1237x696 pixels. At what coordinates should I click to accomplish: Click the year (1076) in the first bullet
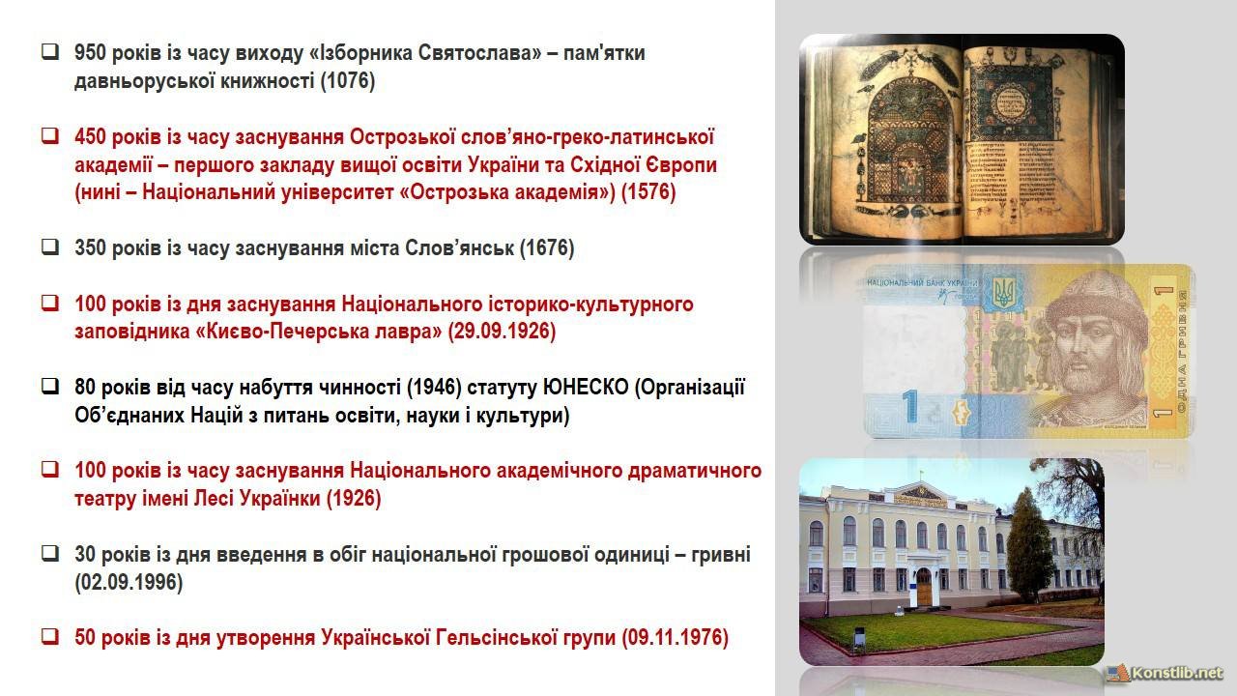point(348,80)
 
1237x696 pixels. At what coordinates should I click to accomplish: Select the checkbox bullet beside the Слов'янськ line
point(50,246)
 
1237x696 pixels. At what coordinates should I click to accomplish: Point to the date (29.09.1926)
point(502,332)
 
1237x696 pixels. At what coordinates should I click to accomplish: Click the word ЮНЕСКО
point(586,388)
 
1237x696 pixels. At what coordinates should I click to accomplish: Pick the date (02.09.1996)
point(129,582)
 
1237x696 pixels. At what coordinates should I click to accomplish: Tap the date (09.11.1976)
point(675,637)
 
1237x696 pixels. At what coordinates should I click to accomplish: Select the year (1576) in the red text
point(648,192)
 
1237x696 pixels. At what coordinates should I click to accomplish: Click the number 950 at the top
point(90,53)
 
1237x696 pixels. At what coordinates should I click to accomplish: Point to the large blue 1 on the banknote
point(909,406)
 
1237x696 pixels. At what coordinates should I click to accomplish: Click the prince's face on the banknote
point(1089,355)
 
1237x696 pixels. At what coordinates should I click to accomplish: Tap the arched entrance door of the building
point(923,586)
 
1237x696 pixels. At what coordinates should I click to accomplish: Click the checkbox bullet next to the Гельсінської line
point(50,636)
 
